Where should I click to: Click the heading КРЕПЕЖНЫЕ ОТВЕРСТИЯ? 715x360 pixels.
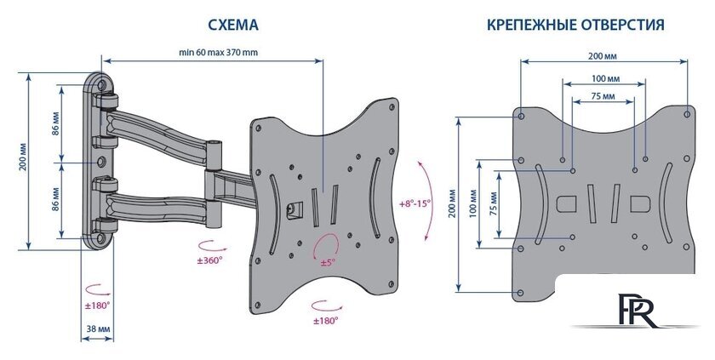tap(576, 26)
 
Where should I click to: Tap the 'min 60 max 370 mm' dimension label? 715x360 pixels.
tap(218, 52)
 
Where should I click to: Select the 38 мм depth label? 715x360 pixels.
tap(96, 327)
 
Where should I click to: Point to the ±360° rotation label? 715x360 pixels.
tap(209, 260)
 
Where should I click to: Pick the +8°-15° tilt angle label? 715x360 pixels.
tap(415, 204)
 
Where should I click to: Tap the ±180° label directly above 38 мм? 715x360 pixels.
tap(97, 304)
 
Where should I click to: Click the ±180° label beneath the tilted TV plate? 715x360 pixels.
tap(326, 321)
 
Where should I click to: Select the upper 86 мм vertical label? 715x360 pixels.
tap(56, 124)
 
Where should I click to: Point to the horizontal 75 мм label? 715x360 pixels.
tap(603, 97)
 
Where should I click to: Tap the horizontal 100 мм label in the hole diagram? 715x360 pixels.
tap(605, 78)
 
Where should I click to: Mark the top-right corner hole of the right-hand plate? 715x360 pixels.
tap(688, 113)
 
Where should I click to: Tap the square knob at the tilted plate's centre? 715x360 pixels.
tap(295, 207)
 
